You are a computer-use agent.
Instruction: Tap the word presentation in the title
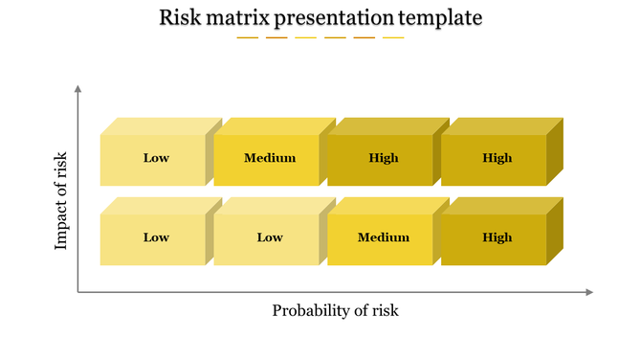[343, 17]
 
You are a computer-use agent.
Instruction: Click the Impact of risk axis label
[62, 200]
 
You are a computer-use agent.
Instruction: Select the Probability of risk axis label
[335, 310]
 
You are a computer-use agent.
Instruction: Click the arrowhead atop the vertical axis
[77, 89]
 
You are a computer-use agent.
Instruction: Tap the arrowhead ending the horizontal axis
[589, 292]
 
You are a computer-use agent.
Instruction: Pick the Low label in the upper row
[156, 158]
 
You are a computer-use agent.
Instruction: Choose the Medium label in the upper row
[270, 158]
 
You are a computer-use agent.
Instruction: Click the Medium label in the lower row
[384, 237]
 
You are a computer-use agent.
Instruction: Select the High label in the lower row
[497, 237]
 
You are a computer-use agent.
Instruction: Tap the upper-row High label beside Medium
[384, 158]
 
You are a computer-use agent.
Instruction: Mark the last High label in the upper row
[497, 158]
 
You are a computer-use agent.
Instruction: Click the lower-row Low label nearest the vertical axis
[156, 237]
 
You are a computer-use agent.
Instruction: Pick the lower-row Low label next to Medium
[270, 237]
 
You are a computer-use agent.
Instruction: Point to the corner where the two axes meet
[77, 292]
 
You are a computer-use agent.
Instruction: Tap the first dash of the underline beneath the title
[248, 38]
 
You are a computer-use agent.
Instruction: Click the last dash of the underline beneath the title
[393, 38]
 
